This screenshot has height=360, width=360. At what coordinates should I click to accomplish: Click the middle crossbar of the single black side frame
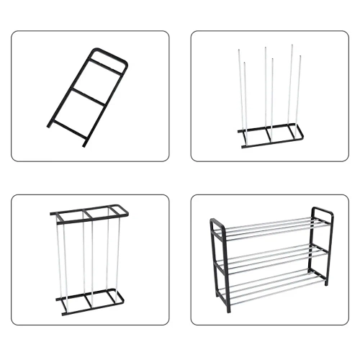88,96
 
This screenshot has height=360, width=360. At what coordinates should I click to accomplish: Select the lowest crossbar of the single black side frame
70,127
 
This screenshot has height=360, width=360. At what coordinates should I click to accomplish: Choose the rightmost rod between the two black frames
116,252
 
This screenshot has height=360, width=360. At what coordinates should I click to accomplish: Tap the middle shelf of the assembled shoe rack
270,256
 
